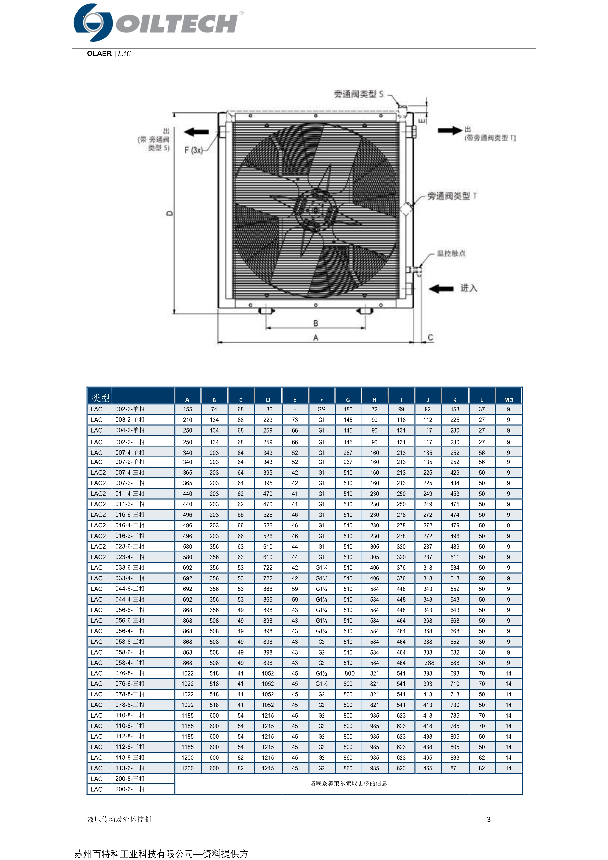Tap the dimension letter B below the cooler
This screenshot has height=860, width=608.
coord(316,323)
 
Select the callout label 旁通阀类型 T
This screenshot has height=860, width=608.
coord(452,196)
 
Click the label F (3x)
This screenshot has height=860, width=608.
coord(193,150)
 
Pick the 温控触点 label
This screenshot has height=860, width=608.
coord(451,253)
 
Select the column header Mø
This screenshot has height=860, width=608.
coord(508,400)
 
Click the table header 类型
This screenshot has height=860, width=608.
coord(100,398)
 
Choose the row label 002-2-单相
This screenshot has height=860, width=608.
coord(129,409)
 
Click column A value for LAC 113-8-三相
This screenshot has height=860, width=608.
coord(188,757)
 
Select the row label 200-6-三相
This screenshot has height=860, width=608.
coord(129,789)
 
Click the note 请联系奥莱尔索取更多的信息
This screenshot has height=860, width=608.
coord(348,783)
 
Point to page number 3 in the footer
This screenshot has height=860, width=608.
coord(489,819)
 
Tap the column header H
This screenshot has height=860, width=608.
coord(374,400)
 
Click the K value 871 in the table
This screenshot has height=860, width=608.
coord(455,768)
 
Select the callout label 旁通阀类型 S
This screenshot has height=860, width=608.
coord(359,94)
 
